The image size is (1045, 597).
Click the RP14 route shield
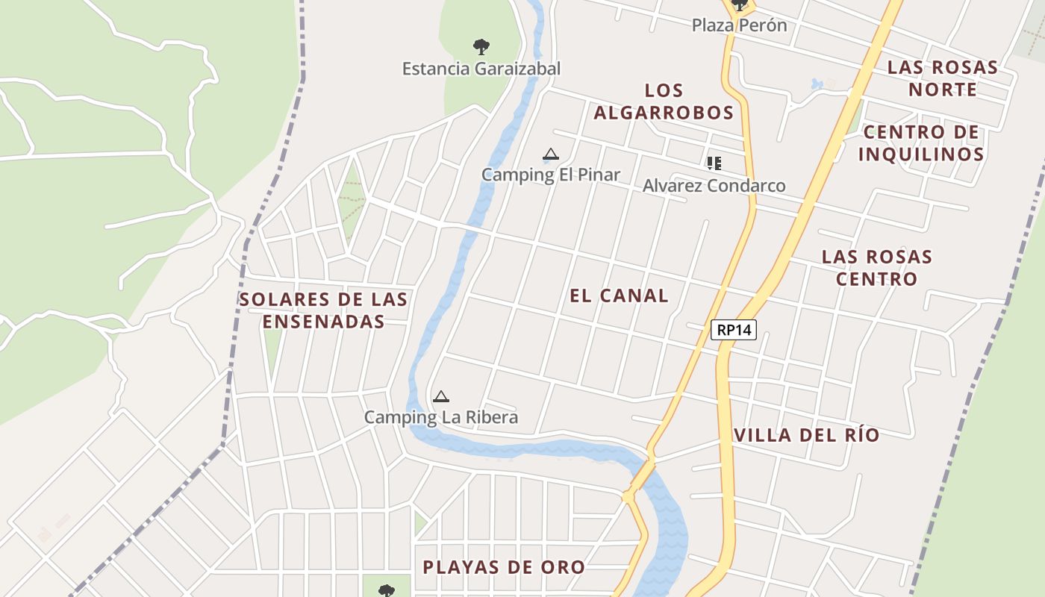[x=734, y=330]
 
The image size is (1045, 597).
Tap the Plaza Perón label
[x=739, y=25]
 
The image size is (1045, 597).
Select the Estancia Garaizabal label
[x=481, y=69]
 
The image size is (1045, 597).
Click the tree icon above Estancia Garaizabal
[x=481, y=47]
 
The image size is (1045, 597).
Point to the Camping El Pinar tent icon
[x=551, y=154]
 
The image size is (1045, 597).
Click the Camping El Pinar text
[x=550, y=175]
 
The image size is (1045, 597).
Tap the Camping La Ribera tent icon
[x=441, y=396]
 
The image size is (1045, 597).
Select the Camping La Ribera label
[x=440, y=417]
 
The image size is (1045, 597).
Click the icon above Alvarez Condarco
[x=714, y=163]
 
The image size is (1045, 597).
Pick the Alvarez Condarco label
[x=714, y=186]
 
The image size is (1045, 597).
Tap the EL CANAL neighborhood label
[x=619, y=296]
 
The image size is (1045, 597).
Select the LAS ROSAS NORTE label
[x=942, y=78]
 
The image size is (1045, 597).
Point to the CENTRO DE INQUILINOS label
[x=921, y=143]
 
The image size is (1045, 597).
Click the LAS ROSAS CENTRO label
[x=877, y=268]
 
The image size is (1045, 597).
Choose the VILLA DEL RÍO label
[x=807, y=435]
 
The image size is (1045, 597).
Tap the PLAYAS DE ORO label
[x=504, y=567]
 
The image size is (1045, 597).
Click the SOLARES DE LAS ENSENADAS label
[x=323, y=310]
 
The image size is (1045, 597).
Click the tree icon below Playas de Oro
[x=386, y=591]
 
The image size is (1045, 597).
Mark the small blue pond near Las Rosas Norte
[x=817, y=84]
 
